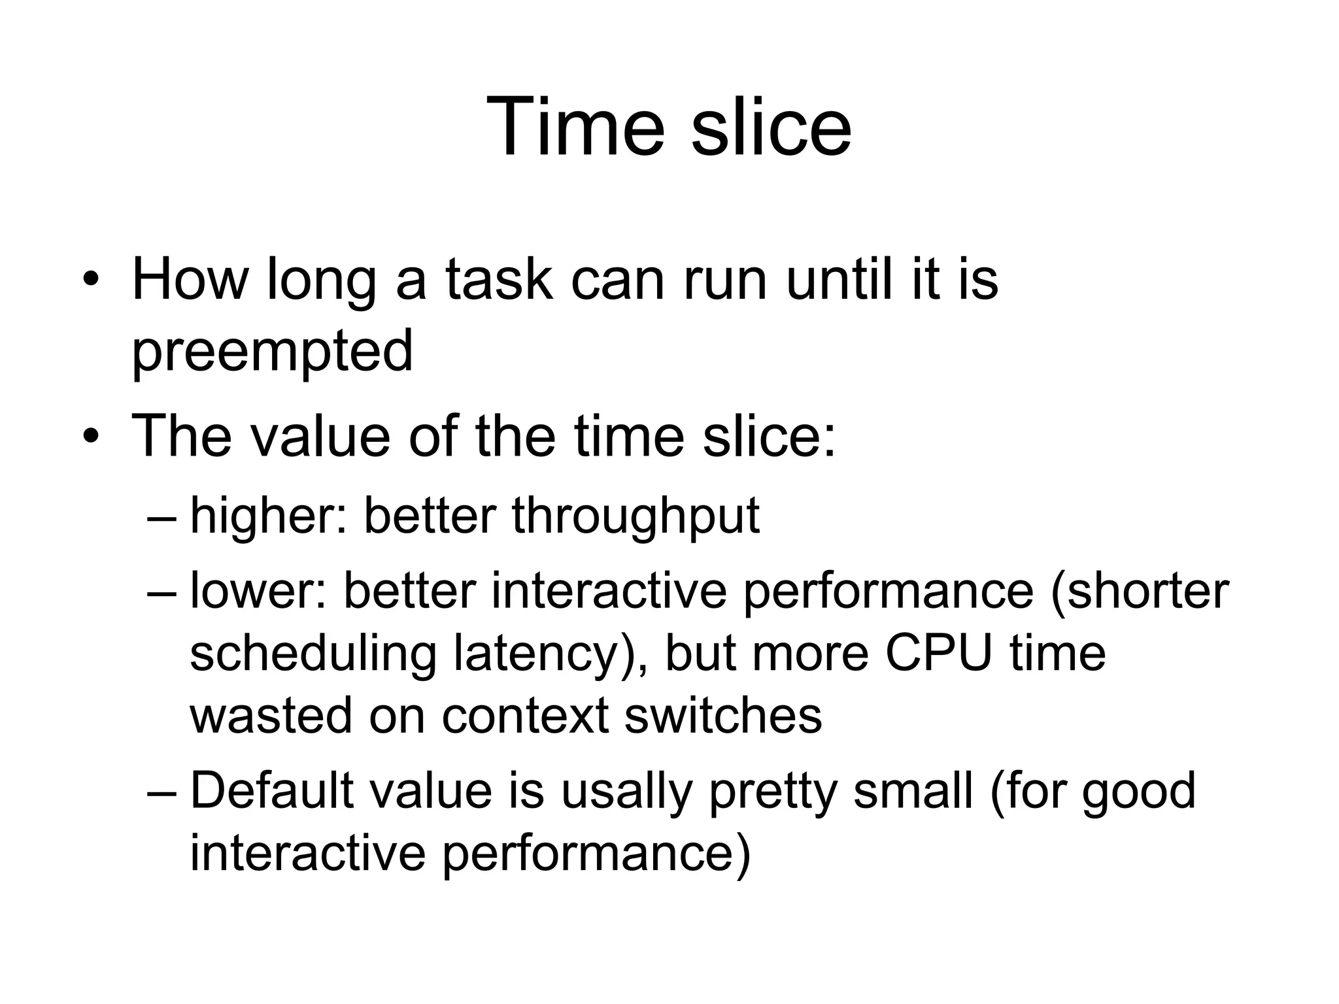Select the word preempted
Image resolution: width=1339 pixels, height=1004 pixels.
[273, 351]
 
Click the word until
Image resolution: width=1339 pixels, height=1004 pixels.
[839, 280]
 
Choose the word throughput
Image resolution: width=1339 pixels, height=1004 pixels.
[636, 516]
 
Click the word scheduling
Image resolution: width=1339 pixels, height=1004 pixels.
[313, 654]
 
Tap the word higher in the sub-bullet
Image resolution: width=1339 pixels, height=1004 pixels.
[268, 516]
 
